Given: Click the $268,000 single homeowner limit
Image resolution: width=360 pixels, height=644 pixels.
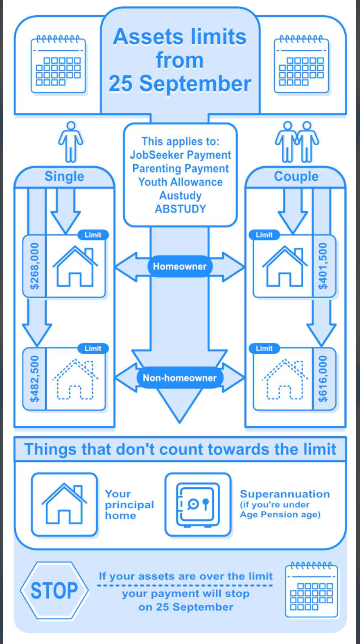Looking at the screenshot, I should point(35,266).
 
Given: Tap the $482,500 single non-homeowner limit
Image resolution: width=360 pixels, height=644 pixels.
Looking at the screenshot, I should point(35,379).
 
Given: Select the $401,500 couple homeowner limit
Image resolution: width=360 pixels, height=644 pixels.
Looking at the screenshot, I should point(323,266).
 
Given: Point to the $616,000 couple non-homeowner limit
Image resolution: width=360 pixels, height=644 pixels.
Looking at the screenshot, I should point(323,379).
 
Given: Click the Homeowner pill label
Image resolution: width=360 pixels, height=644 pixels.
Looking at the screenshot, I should point(180,266).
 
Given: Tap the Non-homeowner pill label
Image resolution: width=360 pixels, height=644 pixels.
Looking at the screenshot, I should point(180,378).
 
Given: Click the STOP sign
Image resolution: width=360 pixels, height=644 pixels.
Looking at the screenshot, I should point(54,591).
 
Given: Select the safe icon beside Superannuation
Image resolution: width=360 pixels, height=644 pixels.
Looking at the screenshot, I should point(198,505).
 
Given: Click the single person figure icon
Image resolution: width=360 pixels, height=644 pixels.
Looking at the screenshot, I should point(71,142).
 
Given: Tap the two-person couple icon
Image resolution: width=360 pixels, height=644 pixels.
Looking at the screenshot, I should point(297,142).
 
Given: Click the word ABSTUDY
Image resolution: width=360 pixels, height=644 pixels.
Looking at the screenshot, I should point(180,209).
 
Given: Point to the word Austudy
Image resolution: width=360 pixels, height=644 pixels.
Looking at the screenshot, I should point(180,196).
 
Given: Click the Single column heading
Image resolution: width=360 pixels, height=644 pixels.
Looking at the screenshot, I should point(64,176).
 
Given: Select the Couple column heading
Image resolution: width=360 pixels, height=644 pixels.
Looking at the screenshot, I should point(296,176).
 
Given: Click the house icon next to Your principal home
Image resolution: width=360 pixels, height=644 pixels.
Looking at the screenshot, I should point(64,504).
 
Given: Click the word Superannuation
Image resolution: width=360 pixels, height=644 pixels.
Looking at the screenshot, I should point(285,494).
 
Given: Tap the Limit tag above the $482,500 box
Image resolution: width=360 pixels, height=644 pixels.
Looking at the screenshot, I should point(93,348).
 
